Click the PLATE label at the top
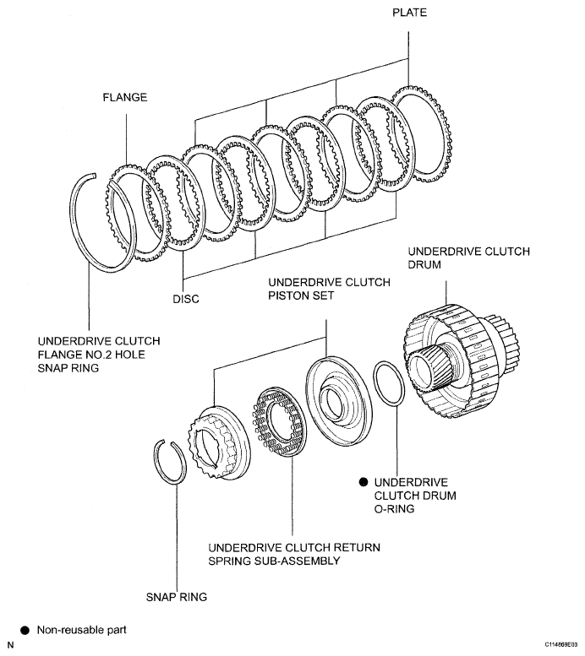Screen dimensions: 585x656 point(409,13)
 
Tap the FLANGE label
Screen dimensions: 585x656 point(125,97)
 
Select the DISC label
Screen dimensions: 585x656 point(186,299)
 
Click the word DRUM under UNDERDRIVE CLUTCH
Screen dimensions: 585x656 point(424,265)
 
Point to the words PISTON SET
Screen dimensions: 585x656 point(301,295)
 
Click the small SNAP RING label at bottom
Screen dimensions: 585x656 point(177,597)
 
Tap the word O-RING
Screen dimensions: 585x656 point(394,509)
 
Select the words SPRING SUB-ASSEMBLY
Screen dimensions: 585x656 point(274,561)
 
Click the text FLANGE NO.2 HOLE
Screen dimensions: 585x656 point(91,355)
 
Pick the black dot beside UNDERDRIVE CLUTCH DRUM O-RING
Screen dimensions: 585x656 point(364,482)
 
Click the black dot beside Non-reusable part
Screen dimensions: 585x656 point(25,631)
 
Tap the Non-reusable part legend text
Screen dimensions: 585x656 point(82,630)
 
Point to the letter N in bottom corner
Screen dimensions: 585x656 point(10,646)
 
